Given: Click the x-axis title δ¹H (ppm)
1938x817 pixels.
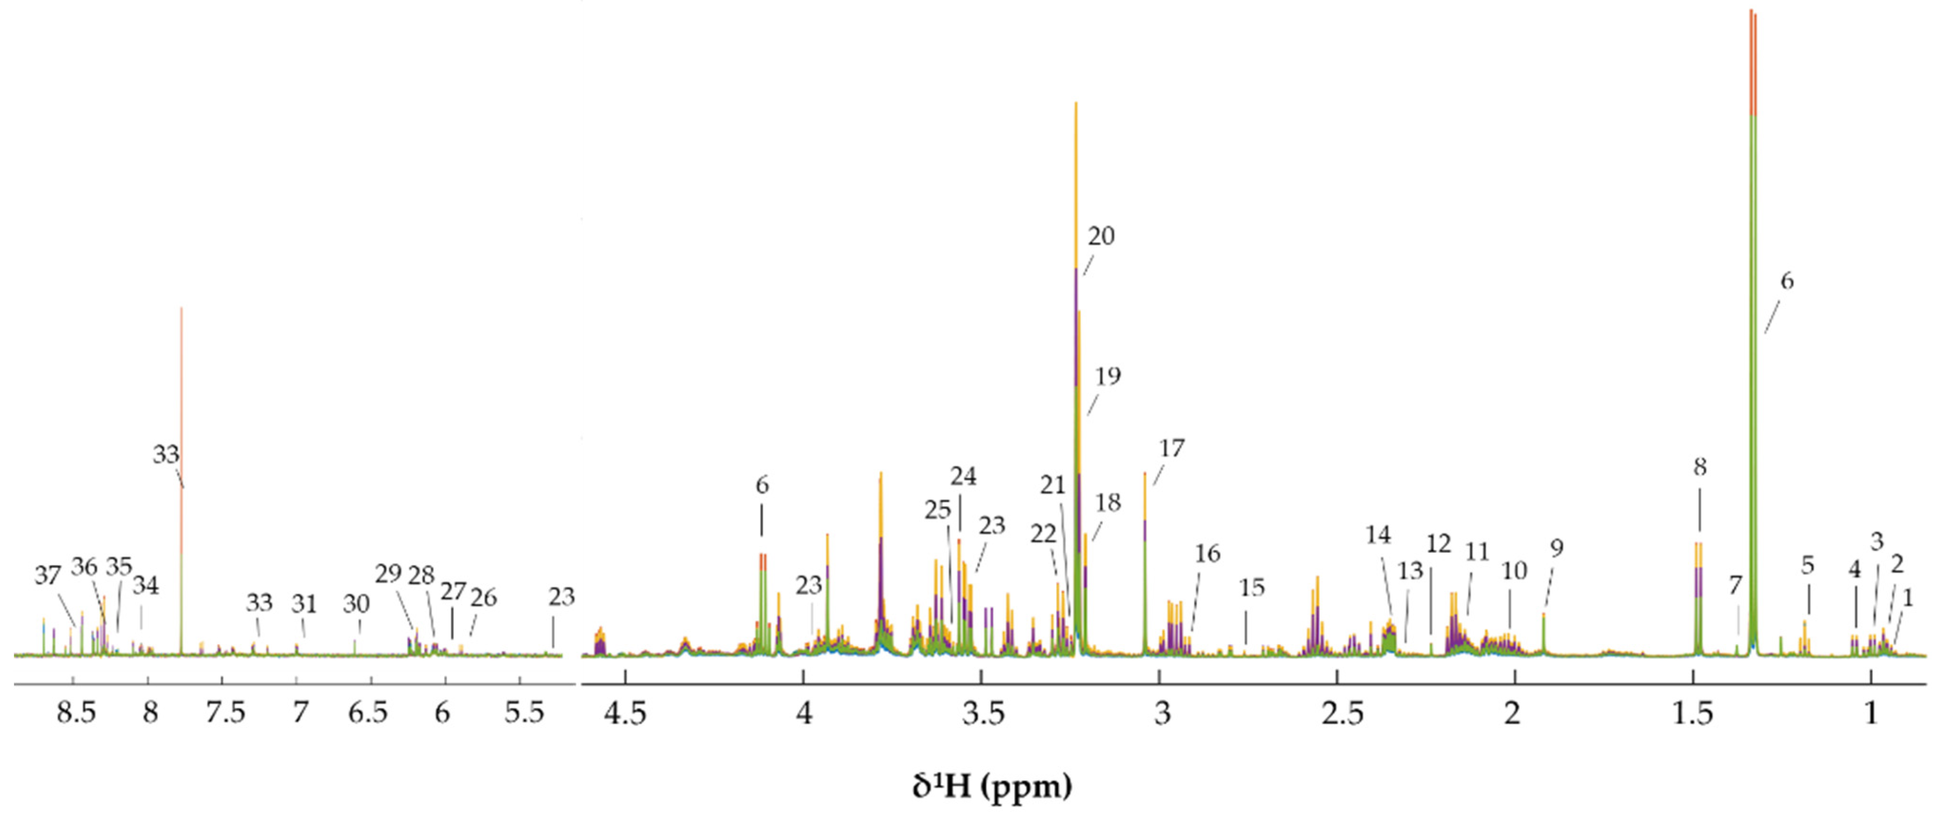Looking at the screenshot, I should click(x=992, y=786).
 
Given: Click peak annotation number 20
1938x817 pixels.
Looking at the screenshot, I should click(x=1101, y=236).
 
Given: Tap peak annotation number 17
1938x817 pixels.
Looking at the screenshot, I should click(x=1171, y=448).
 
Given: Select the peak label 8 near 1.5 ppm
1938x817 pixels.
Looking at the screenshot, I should click(x=1700, y=467).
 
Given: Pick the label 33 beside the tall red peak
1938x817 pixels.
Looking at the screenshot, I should click(x=166, y=454).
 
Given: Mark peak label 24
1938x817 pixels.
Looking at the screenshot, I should click(x=963, y=476).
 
